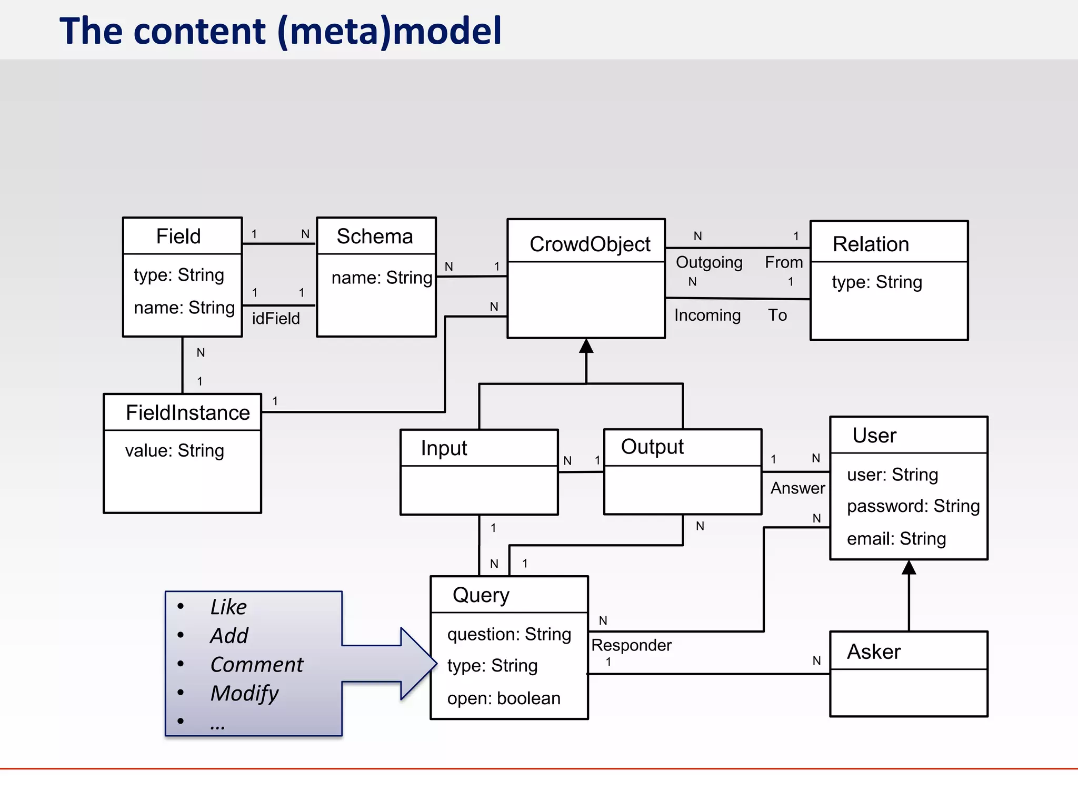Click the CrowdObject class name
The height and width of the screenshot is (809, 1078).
click(x=590, y=244)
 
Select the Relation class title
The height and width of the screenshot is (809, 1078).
click(x=871, y=244)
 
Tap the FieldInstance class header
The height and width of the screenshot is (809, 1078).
click(x=187, y=412)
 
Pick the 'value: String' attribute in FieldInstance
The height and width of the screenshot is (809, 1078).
click(x=174, y=451)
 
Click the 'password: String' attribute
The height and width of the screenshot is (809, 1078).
click(x=913, y=506)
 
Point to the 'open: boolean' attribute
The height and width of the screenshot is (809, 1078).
click(x=504, y=698)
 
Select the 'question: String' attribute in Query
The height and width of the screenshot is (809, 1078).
click(x=509, y=634)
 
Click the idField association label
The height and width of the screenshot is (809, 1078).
click(x=276, y=319)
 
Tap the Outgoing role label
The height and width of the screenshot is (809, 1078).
click(x=709, y=262)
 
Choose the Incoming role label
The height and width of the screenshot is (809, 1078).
click(x=707, y=315)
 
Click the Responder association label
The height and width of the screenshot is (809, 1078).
click(x=631, y=645)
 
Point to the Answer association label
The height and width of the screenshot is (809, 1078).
click(x=797, y=488)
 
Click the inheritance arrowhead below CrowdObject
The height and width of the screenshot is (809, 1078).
click(x=586, y=347)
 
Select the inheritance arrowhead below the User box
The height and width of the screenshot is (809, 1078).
click(x=909, y=568)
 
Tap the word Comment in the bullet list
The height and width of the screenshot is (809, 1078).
click(x=257, y=665)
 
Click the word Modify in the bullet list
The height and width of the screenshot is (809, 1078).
click(x=245, y=694)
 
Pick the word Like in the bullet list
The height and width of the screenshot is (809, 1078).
click(x=228, y=607)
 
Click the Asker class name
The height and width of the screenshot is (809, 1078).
click(x=874, y=652)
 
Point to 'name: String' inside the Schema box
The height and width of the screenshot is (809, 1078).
click(x=382, y=278)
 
